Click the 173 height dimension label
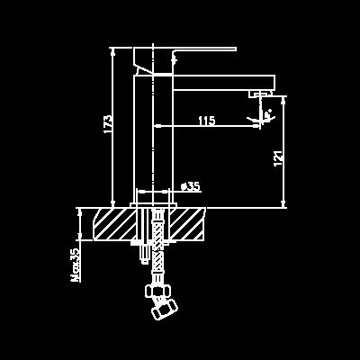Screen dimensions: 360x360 coord(109,124)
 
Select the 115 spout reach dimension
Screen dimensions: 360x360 coord(207,121)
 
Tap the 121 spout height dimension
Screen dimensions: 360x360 coord(278,158)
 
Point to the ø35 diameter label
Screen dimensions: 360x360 coord(191,187)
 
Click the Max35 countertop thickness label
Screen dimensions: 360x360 coord(76,265)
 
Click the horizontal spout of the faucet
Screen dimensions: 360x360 coord(224,83)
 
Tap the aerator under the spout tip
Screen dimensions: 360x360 coord(260,94)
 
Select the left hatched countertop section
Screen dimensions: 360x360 coord(114,224)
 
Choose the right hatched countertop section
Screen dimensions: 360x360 coord(187,224)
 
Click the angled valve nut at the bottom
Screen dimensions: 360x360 coord(165,309)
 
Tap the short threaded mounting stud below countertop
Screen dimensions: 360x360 coord(145,253)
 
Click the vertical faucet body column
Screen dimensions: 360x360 coord(153,139)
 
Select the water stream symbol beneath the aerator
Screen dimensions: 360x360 coord(262,115)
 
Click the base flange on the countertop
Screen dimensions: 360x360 coord(153,205)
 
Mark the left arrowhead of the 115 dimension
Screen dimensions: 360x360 coord(157,126)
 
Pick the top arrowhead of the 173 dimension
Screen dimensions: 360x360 coord(112,51)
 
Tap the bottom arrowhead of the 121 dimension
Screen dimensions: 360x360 coord(283,203)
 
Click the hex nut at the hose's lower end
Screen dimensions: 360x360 coord(158,291)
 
